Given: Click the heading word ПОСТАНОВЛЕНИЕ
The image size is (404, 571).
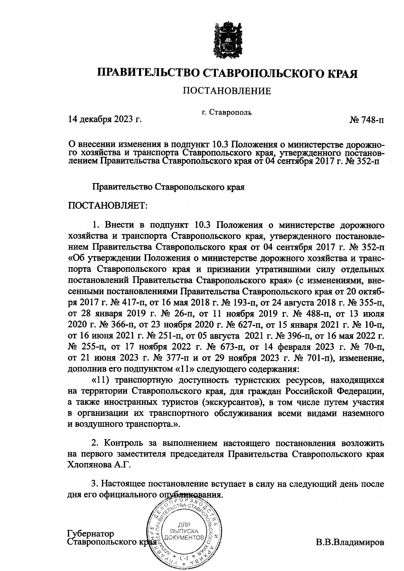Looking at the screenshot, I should [227, 91].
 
